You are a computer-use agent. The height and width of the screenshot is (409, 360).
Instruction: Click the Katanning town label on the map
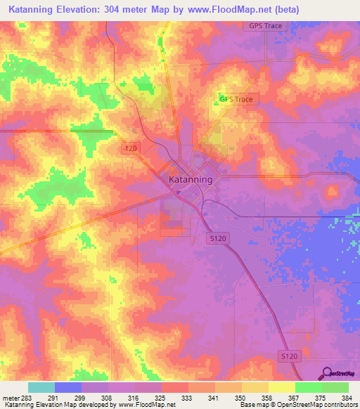pos(191,180)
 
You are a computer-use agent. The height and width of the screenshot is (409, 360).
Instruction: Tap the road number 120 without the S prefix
pos(130,148)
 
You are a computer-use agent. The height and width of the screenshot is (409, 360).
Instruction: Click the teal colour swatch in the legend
pos(41,387)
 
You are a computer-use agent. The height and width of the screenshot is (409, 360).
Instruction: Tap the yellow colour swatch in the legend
pos(281,387)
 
